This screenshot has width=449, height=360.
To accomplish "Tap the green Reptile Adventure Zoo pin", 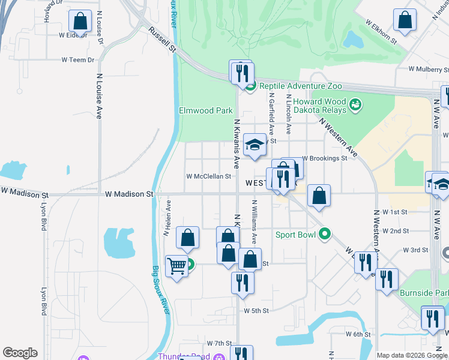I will point(251,85).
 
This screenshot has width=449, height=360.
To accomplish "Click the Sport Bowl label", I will point(295,234).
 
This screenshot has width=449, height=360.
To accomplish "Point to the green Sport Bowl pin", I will point(325,234).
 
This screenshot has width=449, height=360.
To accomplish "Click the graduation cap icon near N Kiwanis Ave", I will point(255,145).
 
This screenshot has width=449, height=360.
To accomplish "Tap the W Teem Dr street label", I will point(78,60).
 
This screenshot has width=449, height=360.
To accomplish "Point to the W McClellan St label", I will point(208,176).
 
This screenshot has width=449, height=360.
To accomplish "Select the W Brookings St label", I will point(325,158).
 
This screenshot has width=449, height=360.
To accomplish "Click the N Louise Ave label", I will point(99,97).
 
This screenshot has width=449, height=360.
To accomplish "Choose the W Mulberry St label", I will point(429,70).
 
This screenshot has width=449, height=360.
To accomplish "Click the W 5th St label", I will point(256,311).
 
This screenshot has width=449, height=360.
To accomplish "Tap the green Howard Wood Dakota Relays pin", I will point(356,106).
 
